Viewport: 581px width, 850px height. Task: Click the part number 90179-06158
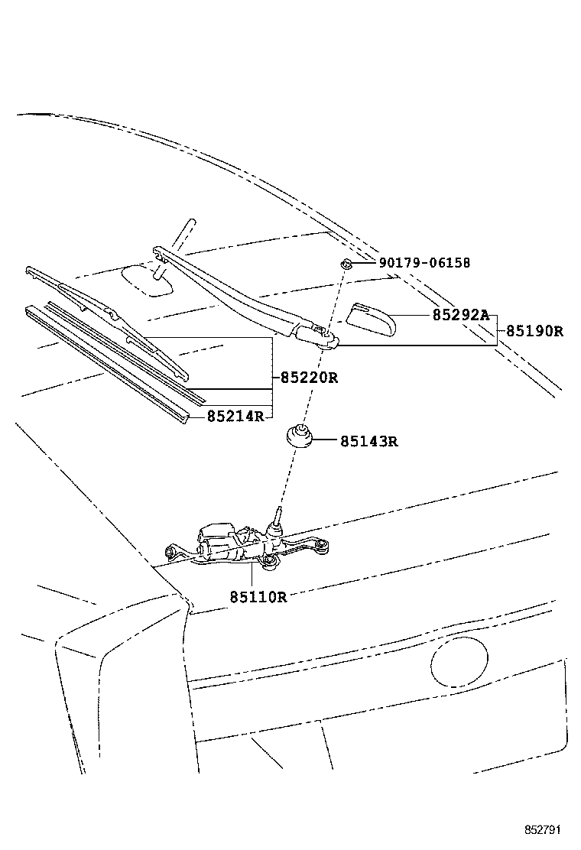point(424,264)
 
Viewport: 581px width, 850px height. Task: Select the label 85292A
point(459,315)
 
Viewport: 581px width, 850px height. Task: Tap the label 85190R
point(534,332)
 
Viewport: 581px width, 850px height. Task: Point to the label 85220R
point(308,378)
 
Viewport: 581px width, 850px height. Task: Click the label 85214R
point(235,417)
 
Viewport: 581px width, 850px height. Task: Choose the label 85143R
point(369,441)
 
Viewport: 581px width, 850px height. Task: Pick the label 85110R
point(258,596)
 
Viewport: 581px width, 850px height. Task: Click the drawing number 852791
point(544,829)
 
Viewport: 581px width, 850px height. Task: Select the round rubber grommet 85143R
point(298,437)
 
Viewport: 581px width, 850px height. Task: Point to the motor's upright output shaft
point(277,520)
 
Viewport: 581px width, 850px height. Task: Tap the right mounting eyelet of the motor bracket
point(324,544)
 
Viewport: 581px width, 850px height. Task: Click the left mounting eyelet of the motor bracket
point(170,550)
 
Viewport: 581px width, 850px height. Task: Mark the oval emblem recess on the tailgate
point(459,661)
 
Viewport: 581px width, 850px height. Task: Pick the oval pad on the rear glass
point(148,279)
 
